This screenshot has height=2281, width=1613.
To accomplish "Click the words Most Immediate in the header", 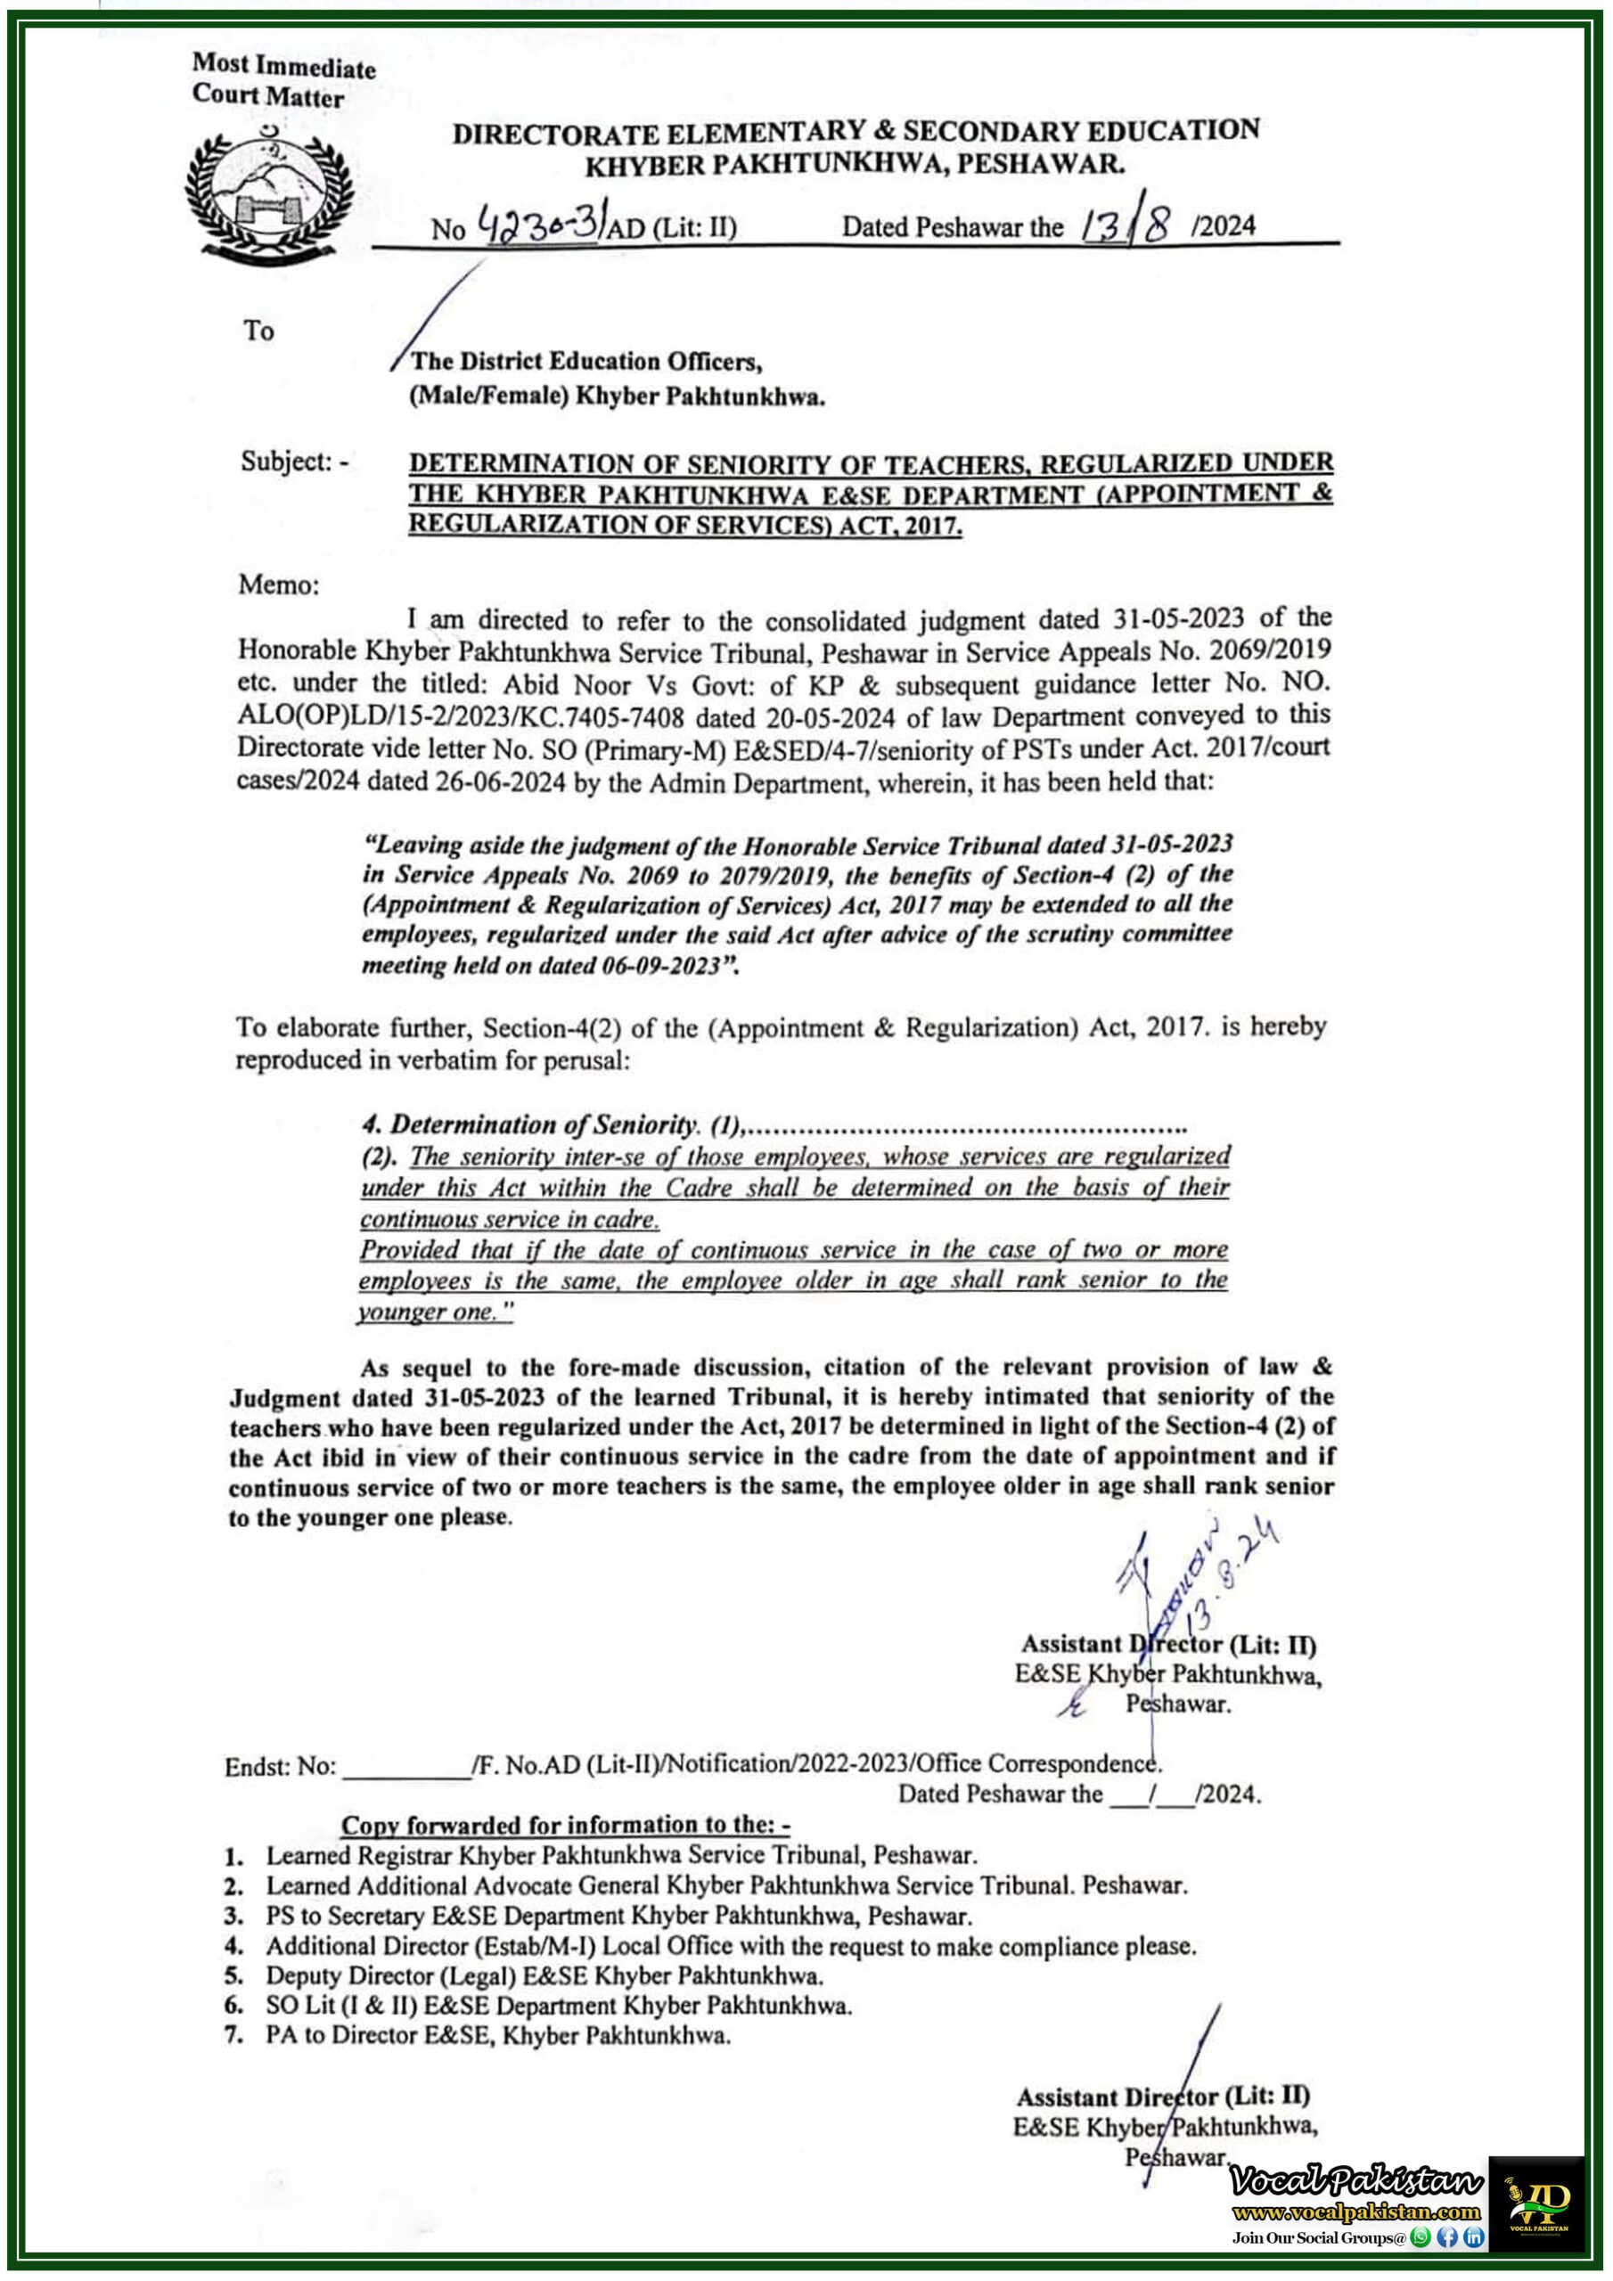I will click(283, 67).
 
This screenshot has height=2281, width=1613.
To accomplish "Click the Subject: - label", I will click(294, 461).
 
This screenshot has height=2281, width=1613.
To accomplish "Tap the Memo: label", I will click(278, 585).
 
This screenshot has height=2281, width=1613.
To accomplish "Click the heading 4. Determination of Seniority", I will click(529, 1124).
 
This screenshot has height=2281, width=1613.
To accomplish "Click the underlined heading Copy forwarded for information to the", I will click(564, 1825).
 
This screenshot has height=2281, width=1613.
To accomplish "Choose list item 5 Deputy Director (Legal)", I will click(543, 1975).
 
